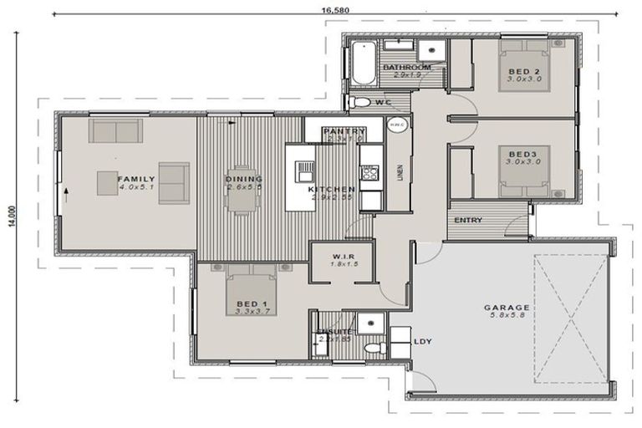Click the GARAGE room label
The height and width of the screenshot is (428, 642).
[506, 308]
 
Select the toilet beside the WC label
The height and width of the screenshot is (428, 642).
[359, 102]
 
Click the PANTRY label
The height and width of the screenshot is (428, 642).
[344, 131]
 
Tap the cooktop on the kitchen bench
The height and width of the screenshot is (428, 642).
[369, 173]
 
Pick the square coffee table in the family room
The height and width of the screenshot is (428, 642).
[110, 182]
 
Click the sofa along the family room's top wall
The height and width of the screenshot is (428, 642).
[115, 130]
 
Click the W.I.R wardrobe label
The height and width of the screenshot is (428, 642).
[345, 256]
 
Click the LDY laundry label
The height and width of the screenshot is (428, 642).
[425, 342]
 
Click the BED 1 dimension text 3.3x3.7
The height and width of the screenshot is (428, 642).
[250, 311]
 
